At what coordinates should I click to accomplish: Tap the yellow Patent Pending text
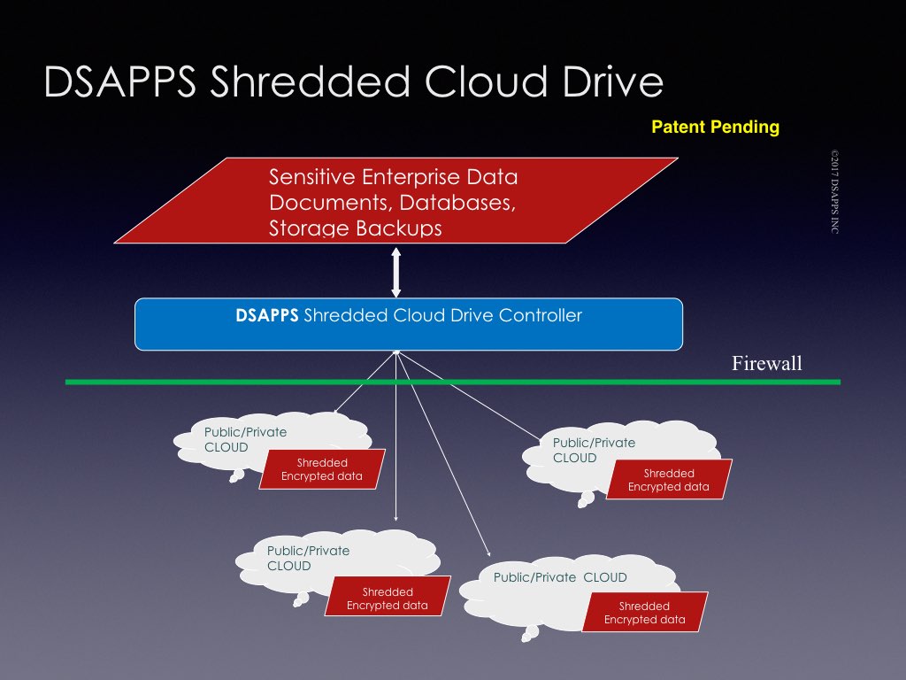[715, 127]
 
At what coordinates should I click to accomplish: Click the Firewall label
[766, 363]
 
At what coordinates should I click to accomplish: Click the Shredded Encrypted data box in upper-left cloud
[322, 469]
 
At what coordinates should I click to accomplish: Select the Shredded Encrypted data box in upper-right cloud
[668, 480]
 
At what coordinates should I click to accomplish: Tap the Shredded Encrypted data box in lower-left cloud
[387, 599]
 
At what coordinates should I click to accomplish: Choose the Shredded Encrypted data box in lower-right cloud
[644, 613]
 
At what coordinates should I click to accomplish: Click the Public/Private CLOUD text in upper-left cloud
[245, 439]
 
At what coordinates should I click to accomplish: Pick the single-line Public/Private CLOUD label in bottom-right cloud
[560, 577]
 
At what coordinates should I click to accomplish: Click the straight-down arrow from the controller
[396, 443]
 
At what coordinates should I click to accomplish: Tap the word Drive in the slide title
[610, 81]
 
